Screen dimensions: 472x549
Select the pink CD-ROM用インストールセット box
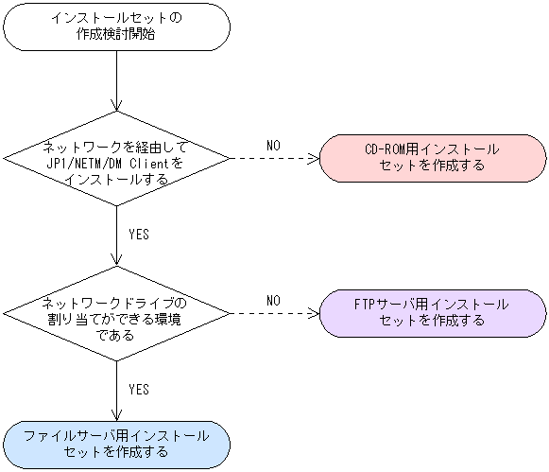click(432, 156)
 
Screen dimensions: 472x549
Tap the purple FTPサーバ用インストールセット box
click(432, 312)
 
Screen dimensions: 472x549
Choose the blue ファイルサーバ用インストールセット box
click(115, 444)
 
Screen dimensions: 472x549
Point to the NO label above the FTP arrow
click(273, 300)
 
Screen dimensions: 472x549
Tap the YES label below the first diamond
click(138, 234)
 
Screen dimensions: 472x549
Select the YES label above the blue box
click(138, 389)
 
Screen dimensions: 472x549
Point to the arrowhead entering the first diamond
click(115, 106)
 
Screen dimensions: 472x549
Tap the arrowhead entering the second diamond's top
click(115, 261)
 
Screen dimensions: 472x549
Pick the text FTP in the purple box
click(365, 305)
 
